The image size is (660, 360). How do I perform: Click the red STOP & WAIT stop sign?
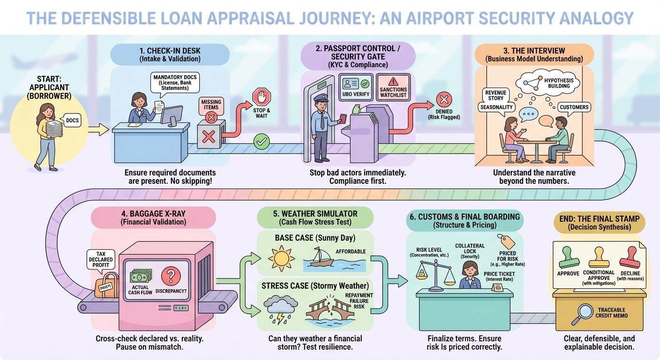click(x=262, y=98)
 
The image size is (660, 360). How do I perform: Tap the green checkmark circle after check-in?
click(x=261, y=140)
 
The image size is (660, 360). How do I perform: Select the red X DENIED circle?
click(x=443, y=99)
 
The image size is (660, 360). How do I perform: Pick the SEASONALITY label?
click(x=496, y=107)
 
